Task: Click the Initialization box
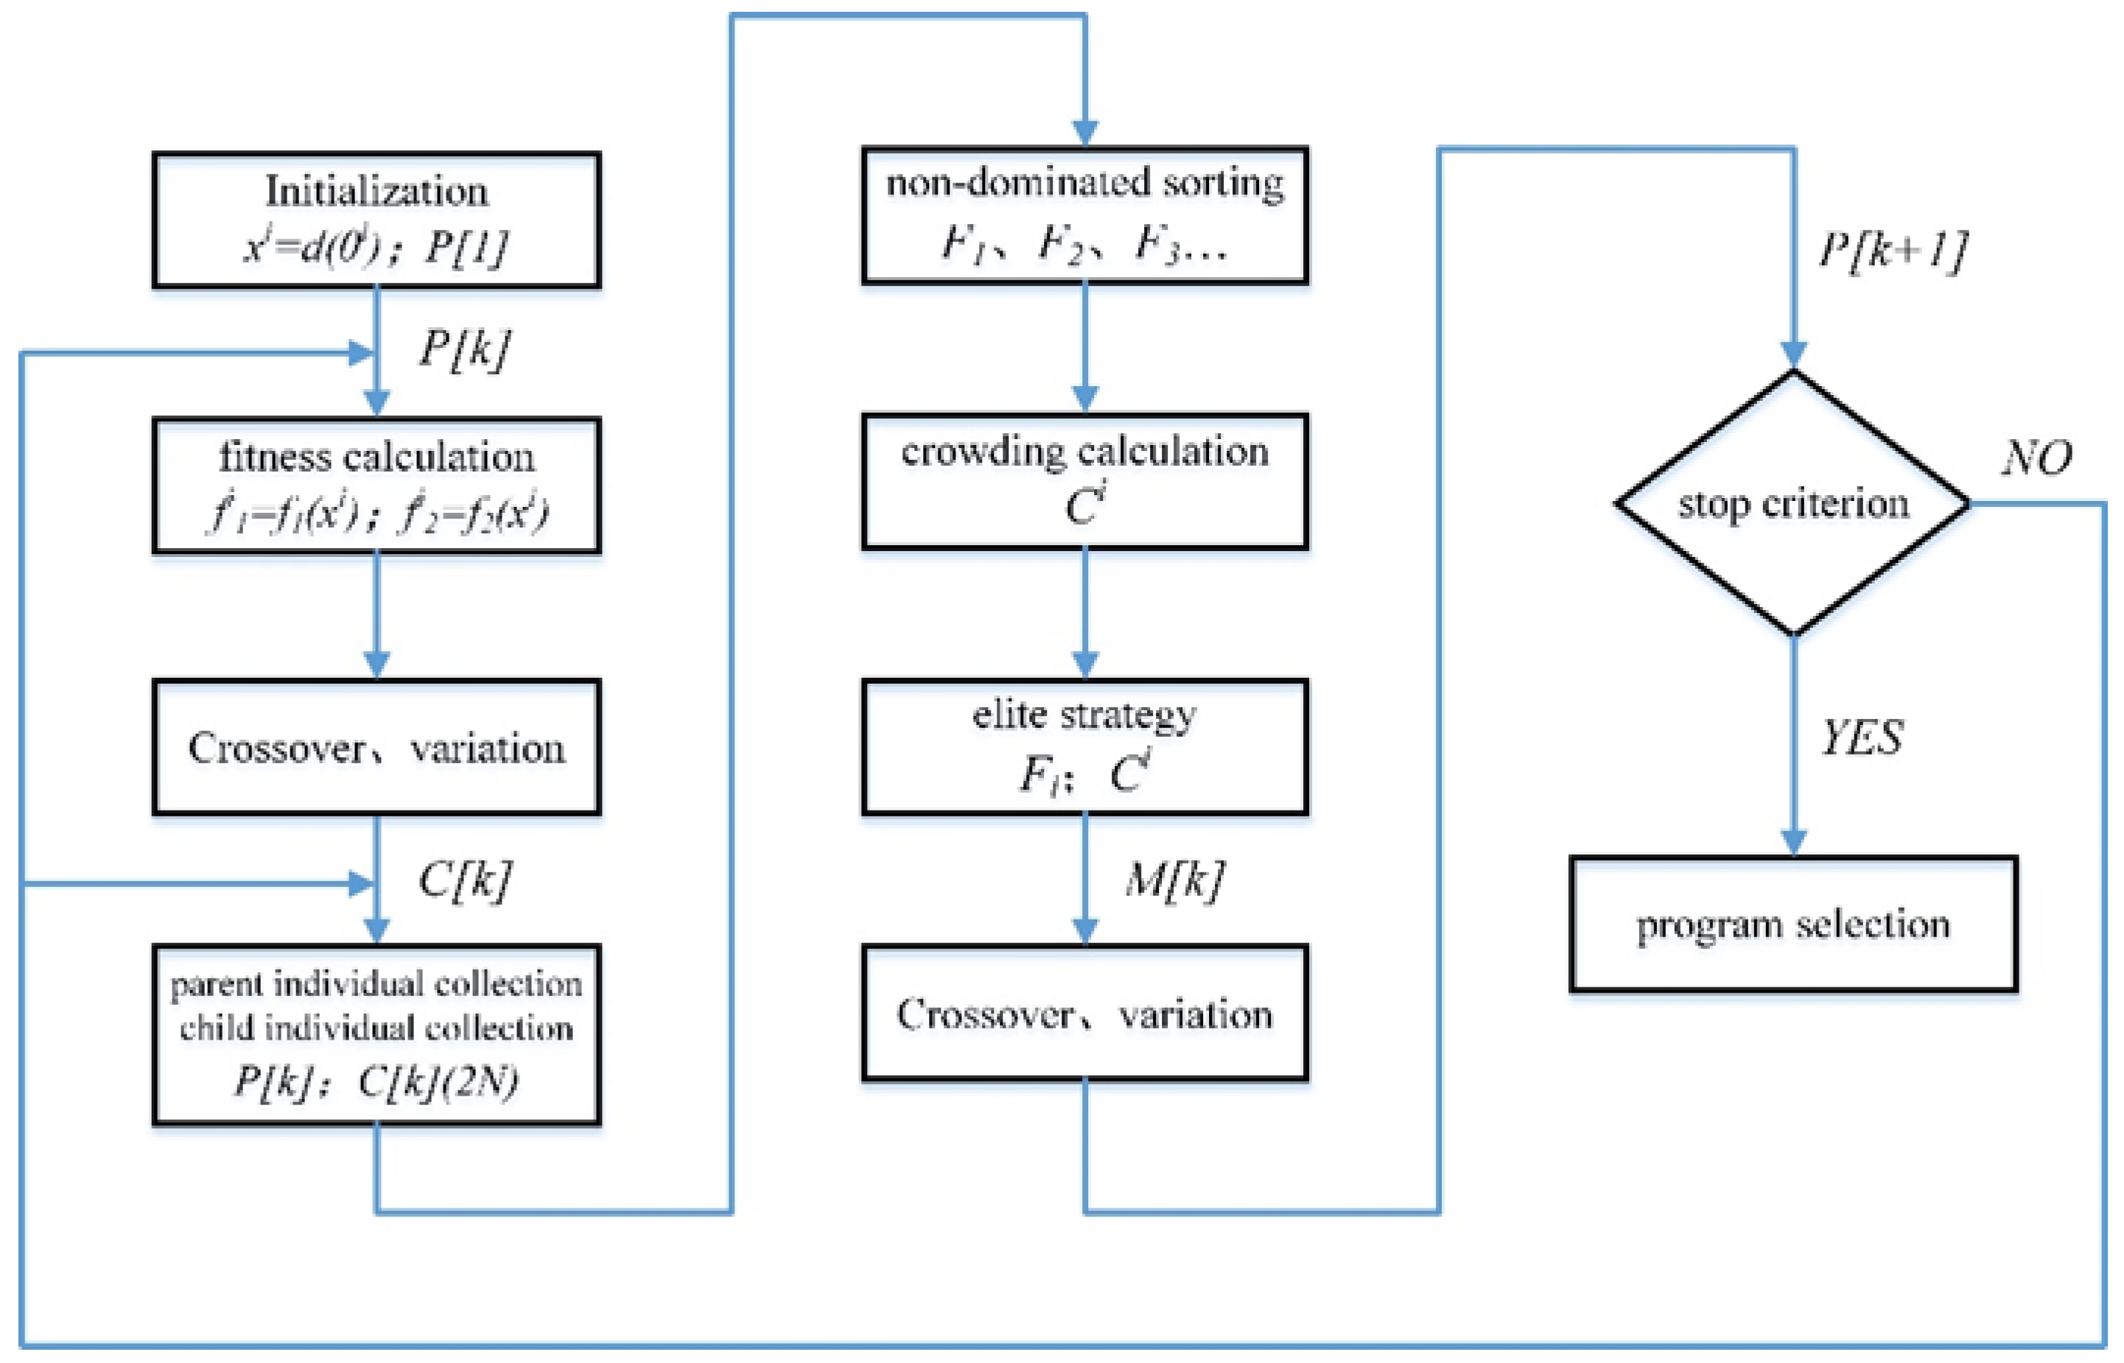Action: pyautogui.click(x=376, y=220)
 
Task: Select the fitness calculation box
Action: pyautogui.click(x=376, y=485)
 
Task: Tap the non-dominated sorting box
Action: pyautogui.click(x=1084, y=215)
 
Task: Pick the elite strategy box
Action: pyautogui.click(x=1084, y=746)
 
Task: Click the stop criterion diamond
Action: pyautogui.click(x=1793, y=502)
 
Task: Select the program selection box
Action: pyautogui.click(x=1793, y=923)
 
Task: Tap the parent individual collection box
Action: pyautogui.click(x=376, y=1034)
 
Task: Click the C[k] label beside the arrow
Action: pyautogui.click(x=463, y=880)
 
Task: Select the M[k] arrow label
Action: pyautogui.click(x=1174, y=880)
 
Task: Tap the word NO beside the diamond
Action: pyautogui.click(x=2036, y=458)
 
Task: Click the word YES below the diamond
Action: pyautogui.click(x=1861, y=737)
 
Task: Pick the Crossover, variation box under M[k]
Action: pyautogui.click(x=1084, y=1012)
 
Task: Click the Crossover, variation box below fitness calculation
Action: pyautogui.click(x=376, y=747)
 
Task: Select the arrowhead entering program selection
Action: pyautogui.click(x=1793, y=843)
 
